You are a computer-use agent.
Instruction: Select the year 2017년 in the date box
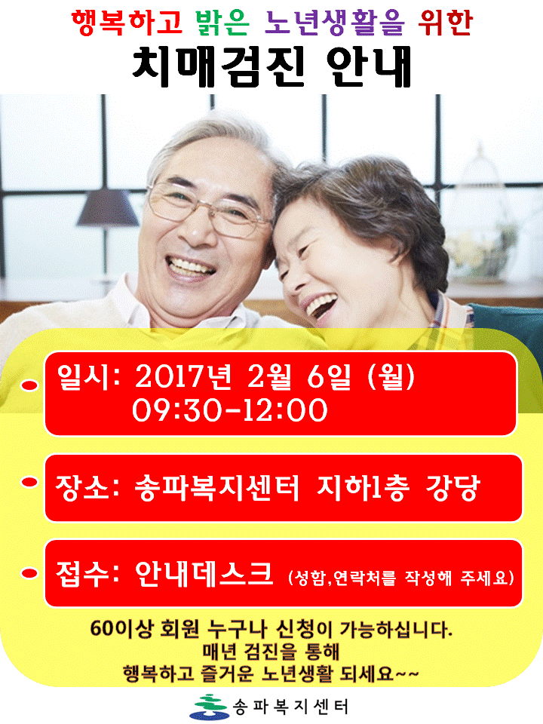click(183, 377)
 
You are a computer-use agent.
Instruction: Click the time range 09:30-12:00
click(230, 410)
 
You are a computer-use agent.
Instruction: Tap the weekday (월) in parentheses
click(392, 377)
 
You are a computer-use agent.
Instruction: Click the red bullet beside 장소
click(29, 482)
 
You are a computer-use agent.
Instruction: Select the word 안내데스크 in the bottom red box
click(204, 574)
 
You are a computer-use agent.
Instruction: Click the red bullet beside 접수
click(29, 573)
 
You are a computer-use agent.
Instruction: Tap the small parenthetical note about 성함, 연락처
click(400, 578)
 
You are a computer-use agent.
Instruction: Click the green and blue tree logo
click(211, 707)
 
